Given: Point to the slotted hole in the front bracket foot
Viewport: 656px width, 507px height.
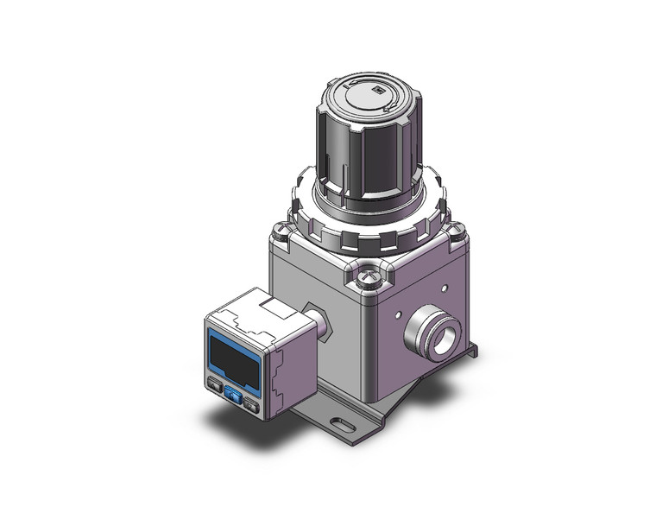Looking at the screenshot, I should pyautogui.click(x=343, y=425).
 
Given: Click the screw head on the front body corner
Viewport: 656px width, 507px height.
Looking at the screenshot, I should pyautogui.click(x=369, y=277).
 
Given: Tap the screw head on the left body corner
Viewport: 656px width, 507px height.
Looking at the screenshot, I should pyautogui.click(x=281, y=231).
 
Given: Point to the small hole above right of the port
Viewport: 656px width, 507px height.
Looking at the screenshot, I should pyautogui.click(x=445, y=288).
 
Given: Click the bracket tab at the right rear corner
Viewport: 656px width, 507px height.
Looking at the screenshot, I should pyautogui.click(x=470, y=349).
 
